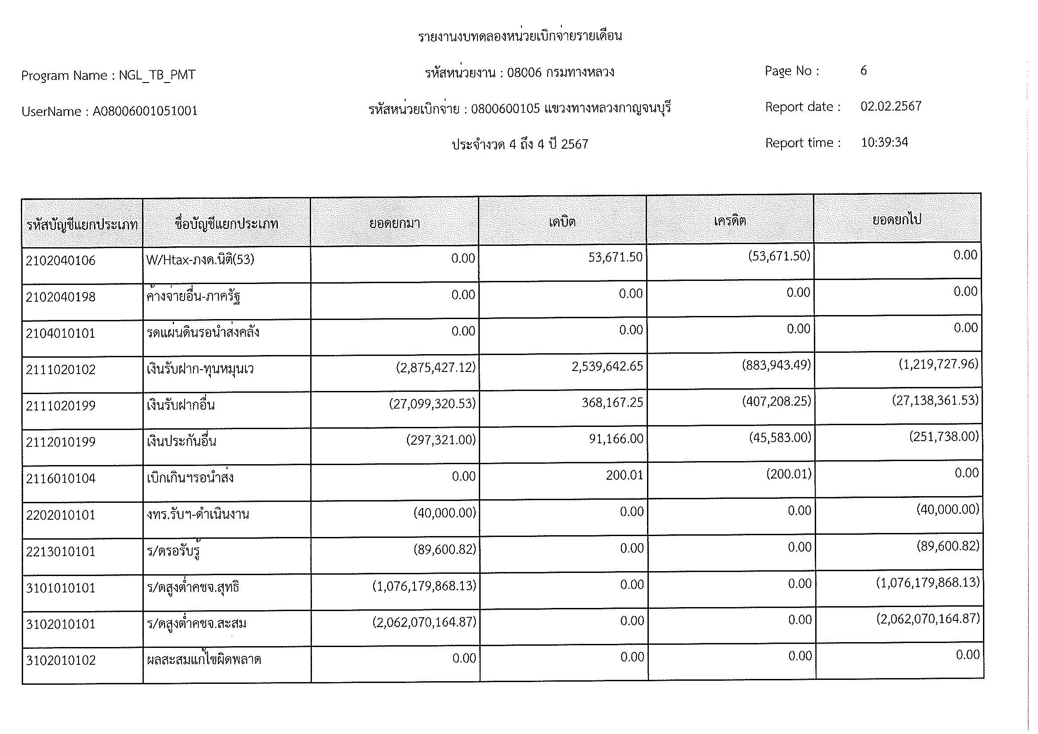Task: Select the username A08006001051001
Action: coord(145,111)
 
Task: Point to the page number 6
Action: coord(864,71)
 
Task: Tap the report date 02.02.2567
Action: coord(891,106)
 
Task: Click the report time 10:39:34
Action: coord(884,142)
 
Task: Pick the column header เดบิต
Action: coord(562,222)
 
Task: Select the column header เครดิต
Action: coord(730,221)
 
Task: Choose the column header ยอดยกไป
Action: coord(896,220)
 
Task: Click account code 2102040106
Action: coord(61,261)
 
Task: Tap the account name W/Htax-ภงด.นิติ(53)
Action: coord(200,260)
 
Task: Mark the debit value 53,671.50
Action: coord(615,258)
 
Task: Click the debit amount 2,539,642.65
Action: coord(607,367)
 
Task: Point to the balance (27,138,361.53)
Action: coord(935,400)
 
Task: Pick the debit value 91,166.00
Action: coord(616,439)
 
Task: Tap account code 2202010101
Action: coord(61,515)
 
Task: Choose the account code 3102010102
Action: coord(61,660)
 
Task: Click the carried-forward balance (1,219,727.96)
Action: coord(938,364)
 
